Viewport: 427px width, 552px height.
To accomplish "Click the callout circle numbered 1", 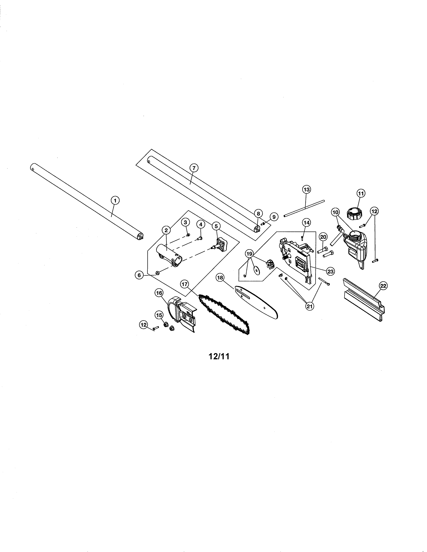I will tap(115, 200).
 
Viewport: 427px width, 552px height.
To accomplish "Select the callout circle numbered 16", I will tap(159, 293).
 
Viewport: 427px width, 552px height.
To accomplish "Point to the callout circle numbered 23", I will tap(330, 271).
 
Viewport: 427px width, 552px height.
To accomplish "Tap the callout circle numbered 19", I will tap(250, 254).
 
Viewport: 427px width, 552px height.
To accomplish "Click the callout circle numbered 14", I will tap(307, 223).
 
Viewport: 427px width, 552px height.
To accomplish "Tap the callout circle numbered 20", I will tap(323, 237).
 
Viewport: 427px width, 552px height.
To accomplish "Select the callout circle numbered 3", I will tap(185, 222).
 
